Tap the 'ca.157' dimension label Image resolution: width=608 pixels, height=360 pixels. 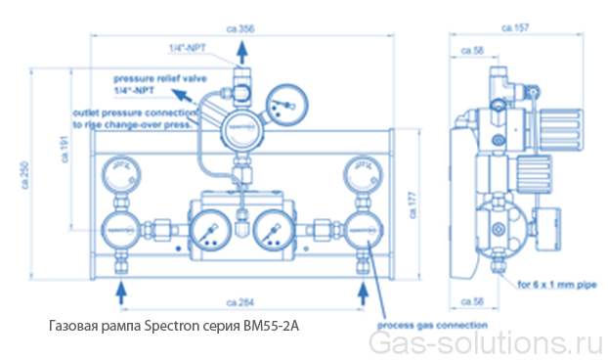click(514, 30)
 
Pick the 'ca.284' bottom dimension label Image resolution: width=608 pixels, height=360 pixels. click(240, 290)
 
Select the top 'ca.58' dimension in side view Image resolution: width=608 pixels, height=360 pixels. click(471, 49)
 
